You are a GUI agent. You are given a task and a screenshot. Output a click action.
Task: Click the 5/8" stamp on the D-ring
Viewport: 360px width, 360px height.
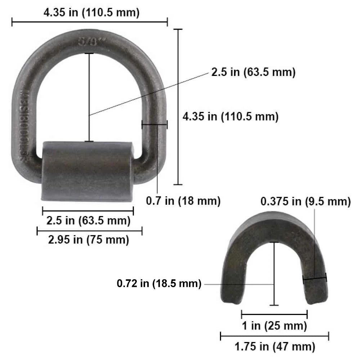88,41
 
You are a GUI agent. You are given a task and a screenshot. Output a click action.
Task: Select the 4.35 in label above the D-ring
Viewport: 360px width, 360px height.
91,13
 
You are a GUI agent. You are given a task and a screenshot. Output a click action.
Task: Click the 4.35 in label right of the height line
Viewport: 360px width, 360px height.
230,116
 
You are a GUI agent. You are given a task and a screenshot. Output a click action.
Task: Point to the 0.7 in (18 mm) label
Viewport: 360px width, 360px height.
183,201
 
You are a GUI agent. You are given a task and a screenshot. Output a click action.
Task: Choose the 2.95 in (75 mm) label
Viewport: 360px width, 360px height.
89,239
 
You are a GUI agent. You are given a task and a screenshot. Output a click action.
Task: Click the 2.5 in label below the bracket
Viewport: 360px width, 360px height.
88,220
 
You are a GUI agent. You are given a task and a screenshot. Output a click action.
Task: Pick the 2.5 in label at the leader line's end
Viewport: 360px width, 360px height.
253,72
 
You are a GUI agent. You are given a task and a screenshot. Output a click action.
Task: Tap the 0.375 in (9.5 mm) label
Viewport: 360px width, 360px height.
305,201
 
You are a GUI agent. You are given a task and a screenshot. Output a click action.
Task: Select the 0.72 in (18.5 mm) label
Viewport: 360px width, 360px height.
159,284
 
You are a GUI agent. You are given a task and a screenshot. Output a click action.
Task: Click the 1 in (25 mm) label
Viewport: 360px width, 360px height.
274,326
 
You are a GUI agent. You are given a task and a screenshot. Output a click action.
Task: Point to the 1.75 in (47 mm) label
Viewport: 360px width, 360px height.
275,347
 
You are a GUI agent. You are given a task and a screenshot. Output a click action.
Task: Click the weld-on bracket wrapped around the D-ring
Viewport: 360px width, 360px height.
87,171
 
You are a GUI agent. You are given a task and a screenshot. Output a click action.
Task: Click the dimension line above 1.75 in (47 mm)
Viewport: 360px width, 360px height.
274,337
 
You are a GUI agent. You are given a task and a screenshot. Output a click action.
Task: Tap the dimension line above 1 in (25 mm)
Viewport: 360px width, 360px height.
274,314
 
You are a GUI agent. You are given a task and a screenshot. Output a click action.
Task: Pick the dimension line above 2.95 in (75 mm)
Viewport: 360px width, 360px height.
89,231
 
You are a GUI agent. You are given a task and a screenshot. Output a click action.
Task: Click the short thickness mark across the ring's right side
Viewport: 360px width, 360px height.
154,125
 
